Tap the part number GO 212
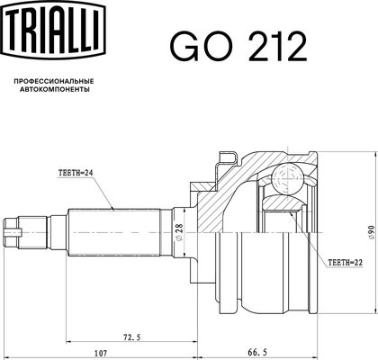point(238,47)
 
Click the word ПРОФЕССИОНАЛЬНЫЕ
point(54,81)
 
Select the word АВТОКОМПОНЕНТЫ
point(54,89)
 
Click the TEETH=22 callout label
point(346,263)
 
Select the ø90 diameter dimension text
point(372,233)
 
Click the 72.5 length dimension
point(131,337)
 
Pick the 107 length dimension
point(101,353)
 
